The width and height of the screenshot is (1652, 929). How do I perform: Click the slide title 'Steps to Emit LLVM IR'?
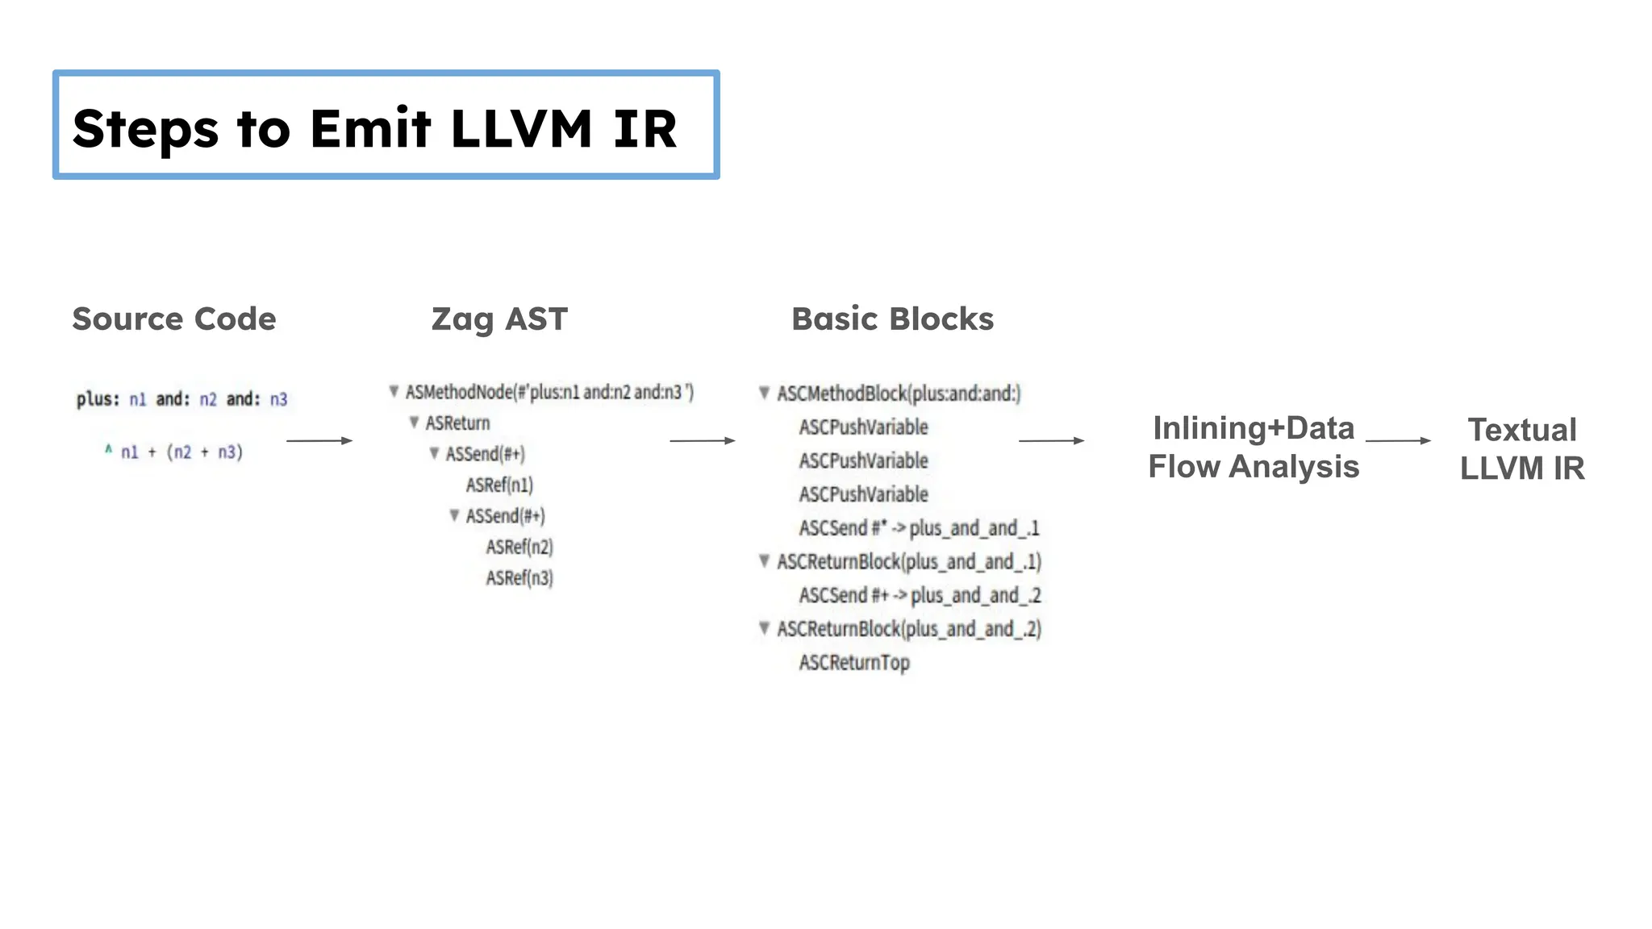(x=374, y=128)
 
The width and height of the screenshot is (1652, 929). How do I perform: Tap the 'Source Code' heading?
(x=174, y=319)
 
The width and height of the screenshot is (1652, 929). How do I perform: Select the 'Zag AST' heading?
(x=499, y=319)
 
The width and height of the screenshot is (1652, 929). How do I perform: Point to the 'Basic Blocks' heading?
(x=892, y=319)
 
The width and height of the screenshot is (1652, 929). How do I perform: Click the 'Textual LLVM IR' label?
(x=1521, y=449)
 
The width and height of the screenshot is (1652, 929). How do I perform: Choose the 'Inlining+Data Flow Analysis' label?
(x=1254, y=448)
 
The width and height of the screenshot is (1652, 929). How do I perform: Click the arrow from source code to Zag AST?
(x=319, y=440)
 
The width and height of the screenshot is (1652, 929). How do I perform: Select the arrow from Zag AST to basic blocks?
(x=703, y=440)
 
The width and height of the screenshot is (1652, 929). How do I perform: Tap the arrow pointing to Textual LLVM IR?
(x=1398, y=440)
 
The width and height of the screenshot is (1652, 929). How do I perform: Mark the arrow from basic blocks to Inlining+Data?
(x=1051, y=440)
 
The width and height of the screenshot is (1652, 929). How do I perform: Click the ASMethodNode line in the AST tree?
(x=549, y=393)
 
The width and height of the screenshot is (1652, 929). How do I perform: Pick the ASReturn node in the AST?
(x=457, y=423)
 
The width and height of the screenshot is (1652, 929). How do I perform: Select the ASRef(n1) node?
(x=499, y=485)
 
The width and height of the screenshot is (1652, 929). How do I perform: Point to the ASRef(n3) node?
(x=519, y=578)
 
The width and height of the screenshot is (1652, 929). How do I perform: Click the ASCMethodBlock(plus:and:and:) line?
(x=899, y=394)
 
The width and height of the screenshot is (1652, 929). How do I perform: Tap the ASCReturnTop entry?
(x=854, y=663)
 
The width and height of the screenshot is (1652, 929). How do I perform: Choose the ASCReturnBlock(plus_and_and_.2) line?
(x=909, y=629)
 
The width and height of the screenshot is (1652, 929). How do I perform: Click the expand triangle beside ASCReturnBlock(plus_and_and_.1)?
(x=764, y=560)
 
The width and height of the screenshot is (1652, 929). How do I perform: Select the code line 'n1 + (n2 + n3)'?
(x=181, y=452)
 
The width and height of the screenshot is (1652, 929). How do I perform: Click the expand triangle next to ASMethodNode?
(x=394, y=392)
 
